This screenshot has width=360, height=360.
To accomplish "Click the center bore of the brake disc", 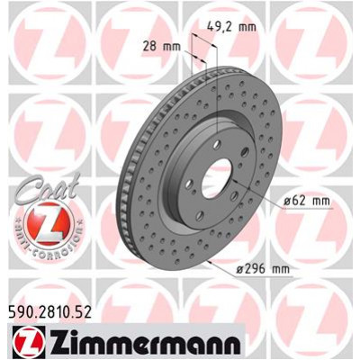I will (x=219, y=169).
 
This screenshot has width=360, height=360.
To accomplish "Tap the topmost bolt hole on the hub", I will (x=222, y=135).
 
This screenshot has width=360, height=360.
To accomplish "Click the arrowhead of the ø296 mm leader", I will (x=208, y=260).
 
